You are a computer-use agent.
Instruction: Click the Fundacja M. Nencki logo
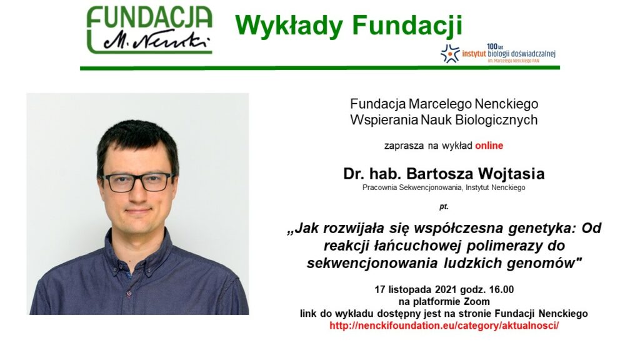149,30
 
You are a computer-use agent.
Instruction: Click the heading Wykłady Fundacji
349,26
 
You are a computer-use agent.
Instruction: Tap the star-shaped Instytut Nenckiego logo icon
450,54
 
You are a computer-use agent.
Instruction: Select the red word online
489,146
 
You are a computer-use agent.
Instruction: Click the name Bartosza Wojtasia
475,174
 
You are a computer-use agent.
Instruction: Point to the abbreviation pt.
444,206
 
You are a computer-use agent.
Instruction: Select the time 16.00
502,290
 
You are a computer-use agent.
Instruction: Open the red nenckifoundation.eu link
444,326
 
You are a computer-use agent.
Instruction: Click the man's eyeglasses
138,182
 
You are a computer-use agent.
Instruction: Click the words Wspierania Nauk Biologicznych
444,121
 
